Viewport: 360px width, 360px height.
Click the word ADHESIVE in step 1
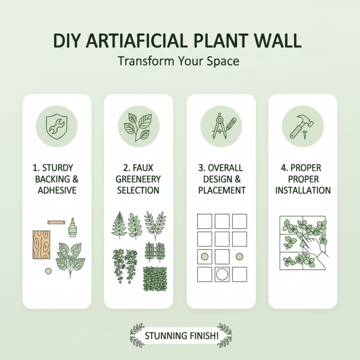point(57,190)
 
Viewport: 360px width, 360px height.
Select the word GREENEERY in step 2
point(138,179)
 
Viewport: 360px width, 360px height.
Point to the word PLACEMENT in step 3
point(221,190)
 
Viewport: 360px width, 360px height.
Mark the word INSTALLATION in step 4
point(303,190)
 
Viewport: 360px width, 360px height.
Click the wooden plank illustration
point(42,244)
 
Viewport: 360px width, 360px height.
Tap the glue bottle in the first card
point(72,228)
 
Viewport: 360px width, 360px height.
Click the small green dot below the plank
point(47,271)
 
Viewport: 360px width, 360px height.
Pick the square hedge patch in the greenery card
point(155,278)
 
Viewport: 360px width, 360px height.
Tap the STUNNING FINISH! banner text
point(180,336)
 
